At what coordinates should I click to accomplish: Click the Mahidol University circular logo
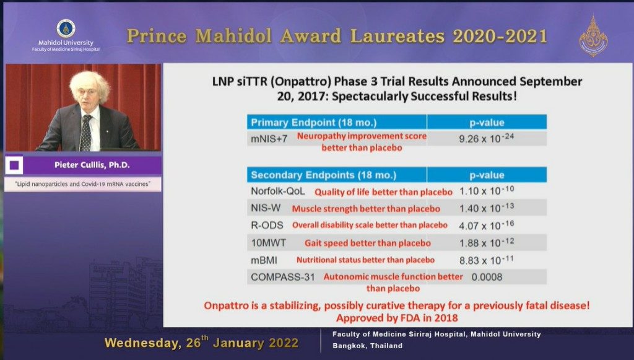(x=66, y=29)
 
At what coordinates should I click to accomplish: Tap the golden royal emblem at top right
(x=593, y=37)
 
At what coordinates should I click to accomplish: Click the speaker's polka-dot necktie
(x=86, y=133)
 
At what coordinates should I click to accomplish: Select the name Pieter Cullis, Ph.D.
(x=92, y=165)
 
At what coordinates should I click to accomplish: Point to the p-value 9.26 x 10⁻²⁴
(x=487, y=138)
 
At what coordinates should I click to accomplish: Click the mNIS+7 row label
(x=269, y=139)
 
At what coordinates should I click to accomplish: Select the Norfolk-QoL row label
(x=278, y=191)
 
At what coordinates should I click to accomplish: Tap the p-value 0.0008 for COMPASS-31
(x=487, y=277)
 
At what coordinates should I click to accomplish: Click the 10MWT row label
(x=269, y=243)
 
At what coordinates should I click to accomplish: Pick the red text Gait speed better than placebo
(x=368, y=243)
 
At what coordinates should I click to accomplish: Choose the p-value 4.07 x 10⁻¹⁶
(x=487, y=225)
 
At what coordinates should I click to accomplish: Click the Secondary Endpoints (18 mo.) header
(x=323, y=175)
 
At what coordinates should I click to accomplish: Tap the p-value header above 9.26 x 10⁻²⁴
(x=487, y=123)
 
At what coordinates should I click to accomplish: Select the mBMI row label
(x=264, y=260)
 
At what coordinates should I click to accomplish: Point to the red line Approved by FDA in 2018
(x=397, y=318)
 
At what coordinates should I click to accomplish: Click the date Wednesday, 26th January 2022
(x=201, y=343)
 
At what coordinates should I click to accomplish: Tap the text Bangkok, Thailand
(x=368, y=346)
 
